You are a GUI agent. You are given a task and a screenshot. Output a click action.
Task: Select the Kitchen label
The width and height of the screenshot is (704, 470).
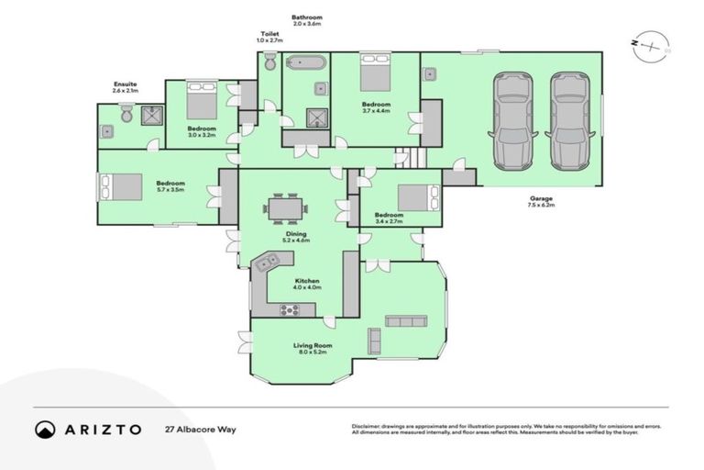tap(307, 283)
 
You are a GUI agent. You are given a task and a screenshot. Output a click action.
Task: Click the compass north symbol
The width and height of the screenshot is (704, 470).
tap(652, 43)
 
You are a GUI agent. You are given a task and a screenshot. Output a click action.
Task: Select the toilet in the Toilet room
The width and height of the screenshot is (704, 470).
tap(269, 63)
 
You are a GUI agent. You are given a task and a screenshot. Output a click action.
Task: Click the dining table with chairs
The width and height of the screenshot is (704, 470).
tap(282, 208)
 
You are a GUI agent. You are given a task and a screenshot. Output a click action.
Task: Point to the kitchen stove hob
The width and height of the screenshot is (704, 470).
tap(291, 309)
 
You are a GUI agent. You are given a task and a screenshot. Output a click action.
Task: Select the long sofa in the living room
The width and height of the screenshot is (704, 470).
tap(406, 320)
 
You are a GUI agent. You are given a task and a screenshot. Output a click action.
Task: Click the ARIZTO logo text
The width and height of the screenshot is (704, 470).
tap(102, 429)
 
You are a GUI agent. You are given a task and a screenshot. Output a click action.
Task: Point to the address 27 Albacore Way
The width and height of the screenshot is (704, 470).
tap(200, 429)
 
